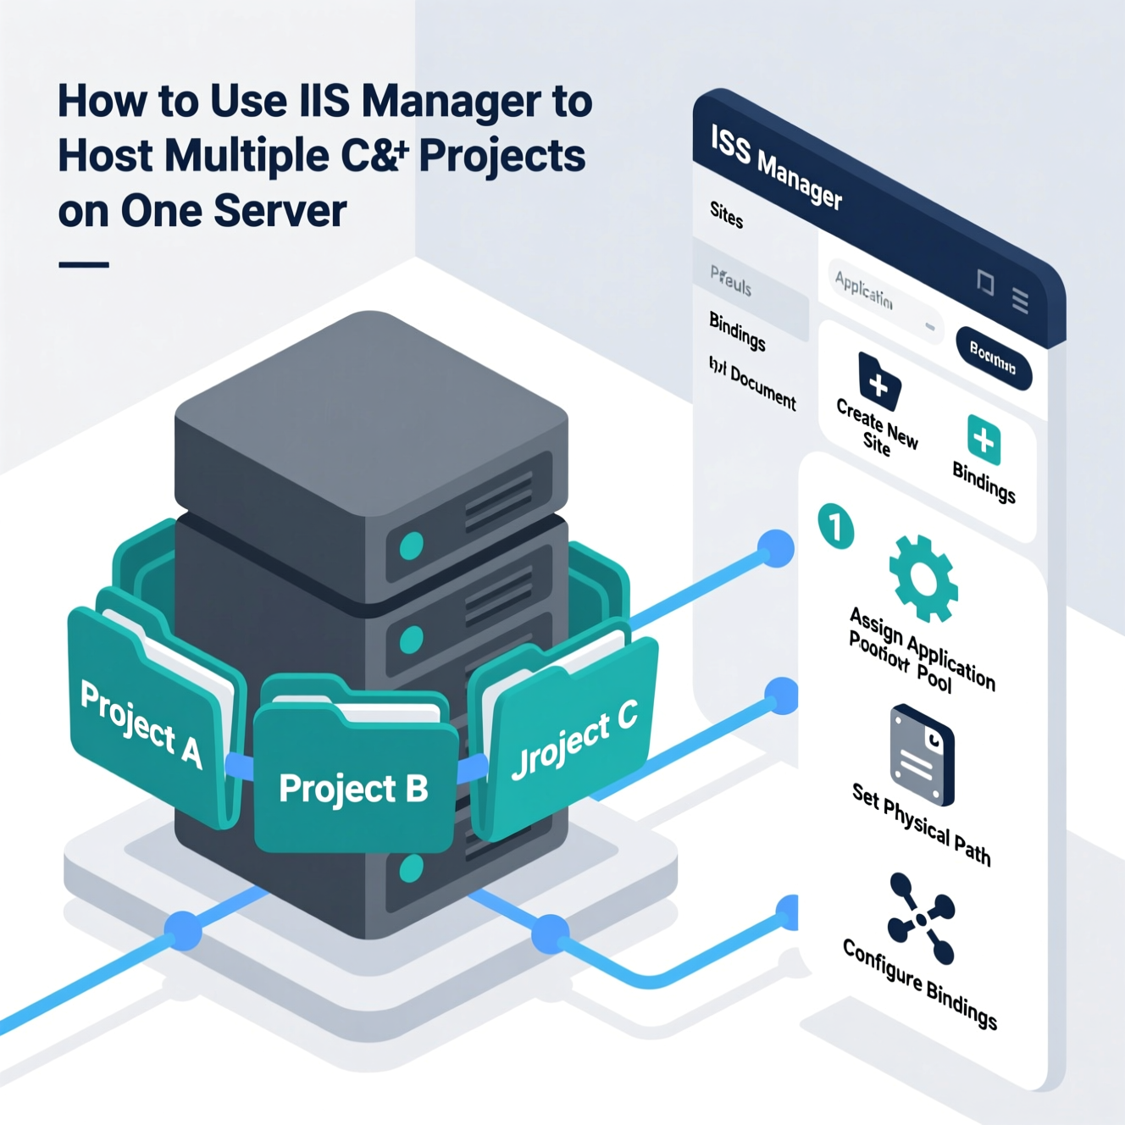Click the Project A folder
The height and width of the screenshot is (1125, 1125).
pyautogui.click(x=144, y=720)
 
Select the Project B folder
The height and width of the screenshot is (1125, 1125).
pyautogui.click(x=354, y=784)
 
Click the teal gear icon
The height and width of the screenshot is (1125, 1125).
pyautogui.click(x=923, y=579)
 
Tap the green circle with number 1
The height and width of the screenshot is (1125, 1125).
pyautogui.click(x=836, y=526)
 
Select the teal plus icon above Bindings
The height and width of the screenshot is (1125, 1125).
pyautogui.click(x=984, y=440)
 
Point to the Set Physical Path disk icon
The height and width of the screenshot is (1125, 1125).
pyautogui.click(x=922, y=755)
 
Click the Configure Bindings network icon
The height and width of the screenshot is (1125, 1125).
pyautogui.click(x=921, y=918)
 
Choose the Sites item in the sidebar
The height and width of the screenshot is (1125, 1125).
pyautogui.click(x=727, y=214)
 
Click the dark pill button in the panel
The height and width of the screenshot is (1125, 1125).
pyautogui.click(x=993, y=357)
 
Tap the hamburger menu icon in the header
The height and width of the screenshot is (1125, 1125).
pyautogui.click(x=1021, y=300)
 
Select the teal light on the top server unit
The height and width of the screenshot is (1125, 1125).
pyautogui.click(x=411, y=545)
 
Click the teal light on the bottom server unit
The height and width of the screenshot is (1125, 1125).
pyautogui.click(x=411, y=867)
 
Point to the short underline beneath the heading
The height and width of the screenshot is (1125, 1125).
pyautogui.click(x=84, y=265)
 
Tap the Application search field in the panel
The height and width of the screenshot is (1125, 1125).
pyautogui.click(x=881, y=296)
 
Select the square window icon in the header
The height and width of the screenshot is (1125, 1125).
pyautogui.click(x=985, y=282)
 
